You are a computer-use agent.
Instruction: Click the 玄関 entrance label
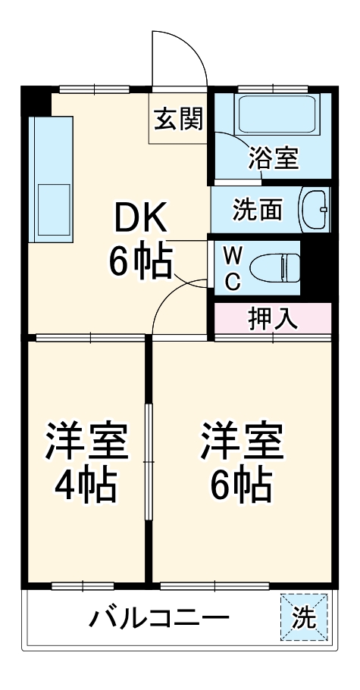coord(179,118)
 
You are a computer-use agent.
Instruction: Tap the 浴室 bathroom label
coord(273,158)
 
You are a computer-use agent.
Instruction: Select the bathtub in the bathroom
coord(274,114)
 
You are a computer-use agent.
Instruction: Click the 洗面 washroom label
coord(256,210)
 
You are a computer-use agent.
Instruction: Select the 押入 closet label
coord(273,319)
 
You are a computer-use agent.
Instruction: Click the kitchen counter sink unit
coord(51,180)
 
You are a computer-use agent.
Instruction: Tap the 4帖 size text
coord(86,484)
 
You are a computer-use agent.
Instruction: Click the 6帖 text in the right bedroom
coord(241,484)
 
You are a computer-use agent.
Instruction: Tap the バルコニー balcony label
coord(159,620)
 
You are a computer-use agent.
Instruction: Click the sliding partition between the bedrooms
coord(149,462)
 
